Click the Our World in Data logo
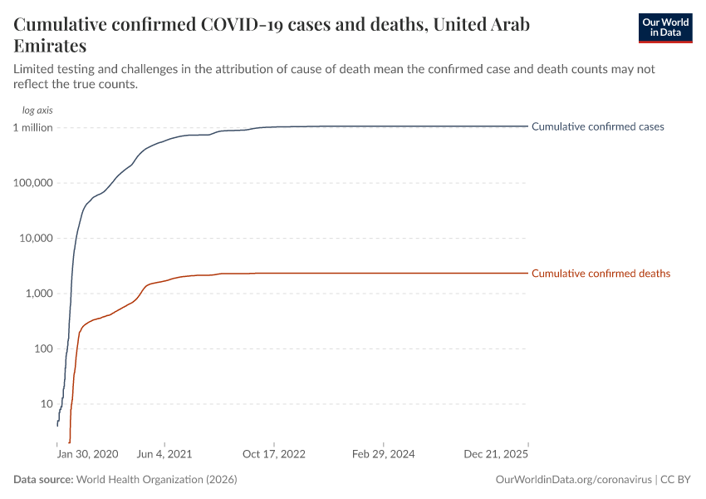[x=664, y=27]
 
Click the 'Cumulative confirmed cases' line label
[x=597, y=127]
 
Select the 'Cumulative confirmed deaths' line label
[x=601, y=274]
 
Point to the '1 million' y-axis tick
[x=33, y=127]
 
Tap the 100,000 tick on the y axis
[x=32, y=183]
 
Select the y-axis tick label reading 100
[x=43, y=348]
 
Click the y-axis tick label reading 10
[x=47, y=404]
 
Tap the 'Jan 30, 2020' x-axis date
[x=87, y=455]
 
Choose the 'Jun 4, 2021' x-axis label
[x=164, y=455]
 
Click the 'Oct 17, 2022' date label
[x=274, y=455]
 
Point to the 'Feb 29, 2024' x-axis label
[x=383, y=455]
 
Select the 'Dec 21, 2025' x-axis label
[x=496, y=455]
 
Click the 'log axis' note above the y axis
[x=37, y=110]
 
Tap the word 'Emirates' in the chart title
[x=50, y=46]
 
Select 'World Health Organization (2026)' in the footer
[x=157, y=480]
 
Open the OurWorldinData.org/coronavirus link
[x=572, y=480]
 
